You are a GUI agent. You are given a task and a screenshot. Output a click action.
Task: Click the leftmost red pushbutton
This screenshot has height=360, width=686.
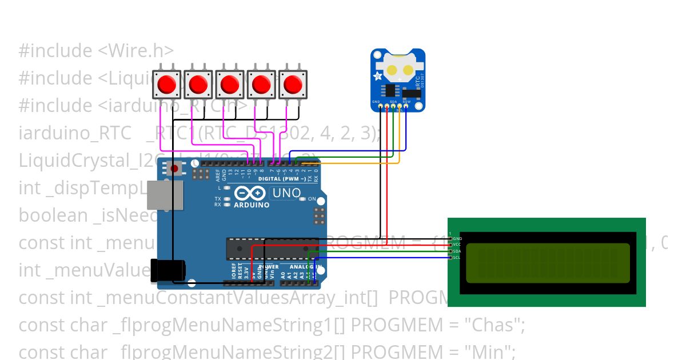166,85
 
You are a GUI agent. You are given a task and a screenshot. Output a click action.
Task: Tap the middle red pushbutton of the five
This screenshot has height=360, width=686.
230,85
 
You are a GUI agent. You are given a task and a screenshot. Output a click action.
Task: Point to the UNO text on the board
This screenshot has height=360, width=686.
286,193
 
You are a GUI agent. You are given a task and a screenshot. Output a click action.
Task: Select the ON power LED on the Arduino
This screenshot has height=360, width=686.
304,199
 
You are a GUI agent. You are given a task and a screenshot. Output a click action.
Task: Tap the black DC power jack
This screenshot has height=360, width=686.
167,270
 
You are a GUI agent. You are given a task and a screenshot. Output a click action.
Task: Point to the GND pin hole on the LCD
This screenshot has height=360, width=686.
451,238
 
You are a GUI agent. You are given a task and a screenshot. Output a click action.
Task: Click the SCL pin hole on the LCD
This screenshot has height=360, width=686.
451,257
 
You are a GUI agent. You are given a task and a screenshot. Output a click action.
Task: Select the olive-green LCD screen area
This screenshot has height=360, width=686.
548,263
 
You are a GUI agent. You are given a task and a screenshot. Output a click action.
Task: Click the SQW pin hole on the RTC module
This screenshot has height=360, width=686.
406,106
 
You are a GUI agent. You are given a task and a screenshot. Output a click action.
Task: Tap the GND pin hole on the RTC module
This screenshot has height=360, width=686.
376,106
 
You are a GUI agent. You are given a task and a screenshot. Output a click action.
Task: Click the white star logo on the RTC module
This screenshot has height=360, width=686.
378,76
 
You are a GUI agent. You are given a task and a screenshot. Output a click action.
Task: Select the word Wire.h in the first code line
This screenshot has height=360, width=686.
136,51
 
